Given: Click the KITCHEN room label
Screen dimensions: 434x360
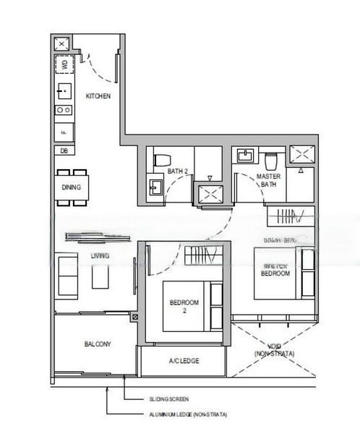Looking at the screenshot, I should [x=98, y=96].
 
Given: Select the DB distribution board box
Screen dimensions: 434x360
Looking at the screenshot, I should [x=64, y=150].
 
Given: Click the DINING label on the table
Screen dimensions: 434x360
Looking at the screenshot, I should [x=71, y=187].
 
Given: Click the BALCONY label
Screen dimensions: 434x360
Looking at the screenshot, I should [x=97, y=344].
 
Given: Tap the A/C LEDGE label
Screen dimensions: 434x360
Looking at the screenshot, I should [x=184, y=361].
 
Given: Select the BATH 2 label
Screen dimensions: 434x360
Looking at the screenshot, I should [x=177, y=171].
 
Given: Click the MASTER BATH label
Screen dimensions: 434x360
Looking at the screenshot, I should [x=268, y=181].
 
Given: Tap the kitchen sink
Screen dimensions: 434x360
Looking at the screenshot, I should [x=64, y=91].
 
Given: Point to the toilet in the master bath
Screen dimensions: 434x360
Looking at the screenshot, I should [x=271, y=160].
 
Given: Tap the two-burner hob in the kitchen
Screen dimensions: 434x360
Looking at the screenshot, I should [x=64, y=111].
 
